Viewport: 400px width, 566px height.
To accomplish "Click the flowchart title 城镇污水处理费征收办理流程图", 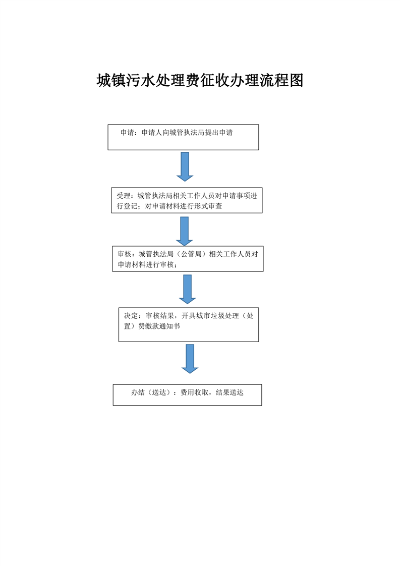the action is (200, 80).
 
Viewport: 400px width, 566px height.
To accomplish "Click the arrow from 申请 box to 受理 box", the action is (185, 167).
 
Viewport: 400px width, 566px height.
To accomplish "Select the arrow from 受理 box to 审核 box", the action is (185, 232).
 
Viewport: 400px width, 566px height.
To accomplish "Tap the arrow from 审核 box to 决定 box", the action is (187, 290).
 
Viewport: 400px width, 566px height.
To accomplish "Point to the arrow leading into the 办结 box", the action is (190, 359).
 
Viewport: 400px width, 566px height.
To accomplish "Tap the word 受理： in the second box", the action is (125, 196).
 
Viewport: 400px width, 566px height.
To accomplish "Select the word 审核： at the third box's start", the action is (126, 254).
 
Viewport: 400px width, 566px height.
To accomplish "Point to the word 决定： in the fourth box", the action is (133, 316).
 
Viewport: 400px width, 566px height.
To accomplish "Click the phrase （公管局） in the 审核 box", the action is (191, 254).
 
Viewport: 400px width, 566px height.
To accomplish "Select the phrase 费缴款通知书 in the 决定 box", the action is (159, 326).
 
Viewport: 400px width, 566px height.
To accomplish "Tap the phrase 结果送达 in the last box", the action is (230, 392).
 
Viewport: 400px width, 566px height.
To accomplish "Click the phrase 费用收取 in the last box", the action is (195, 392).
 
